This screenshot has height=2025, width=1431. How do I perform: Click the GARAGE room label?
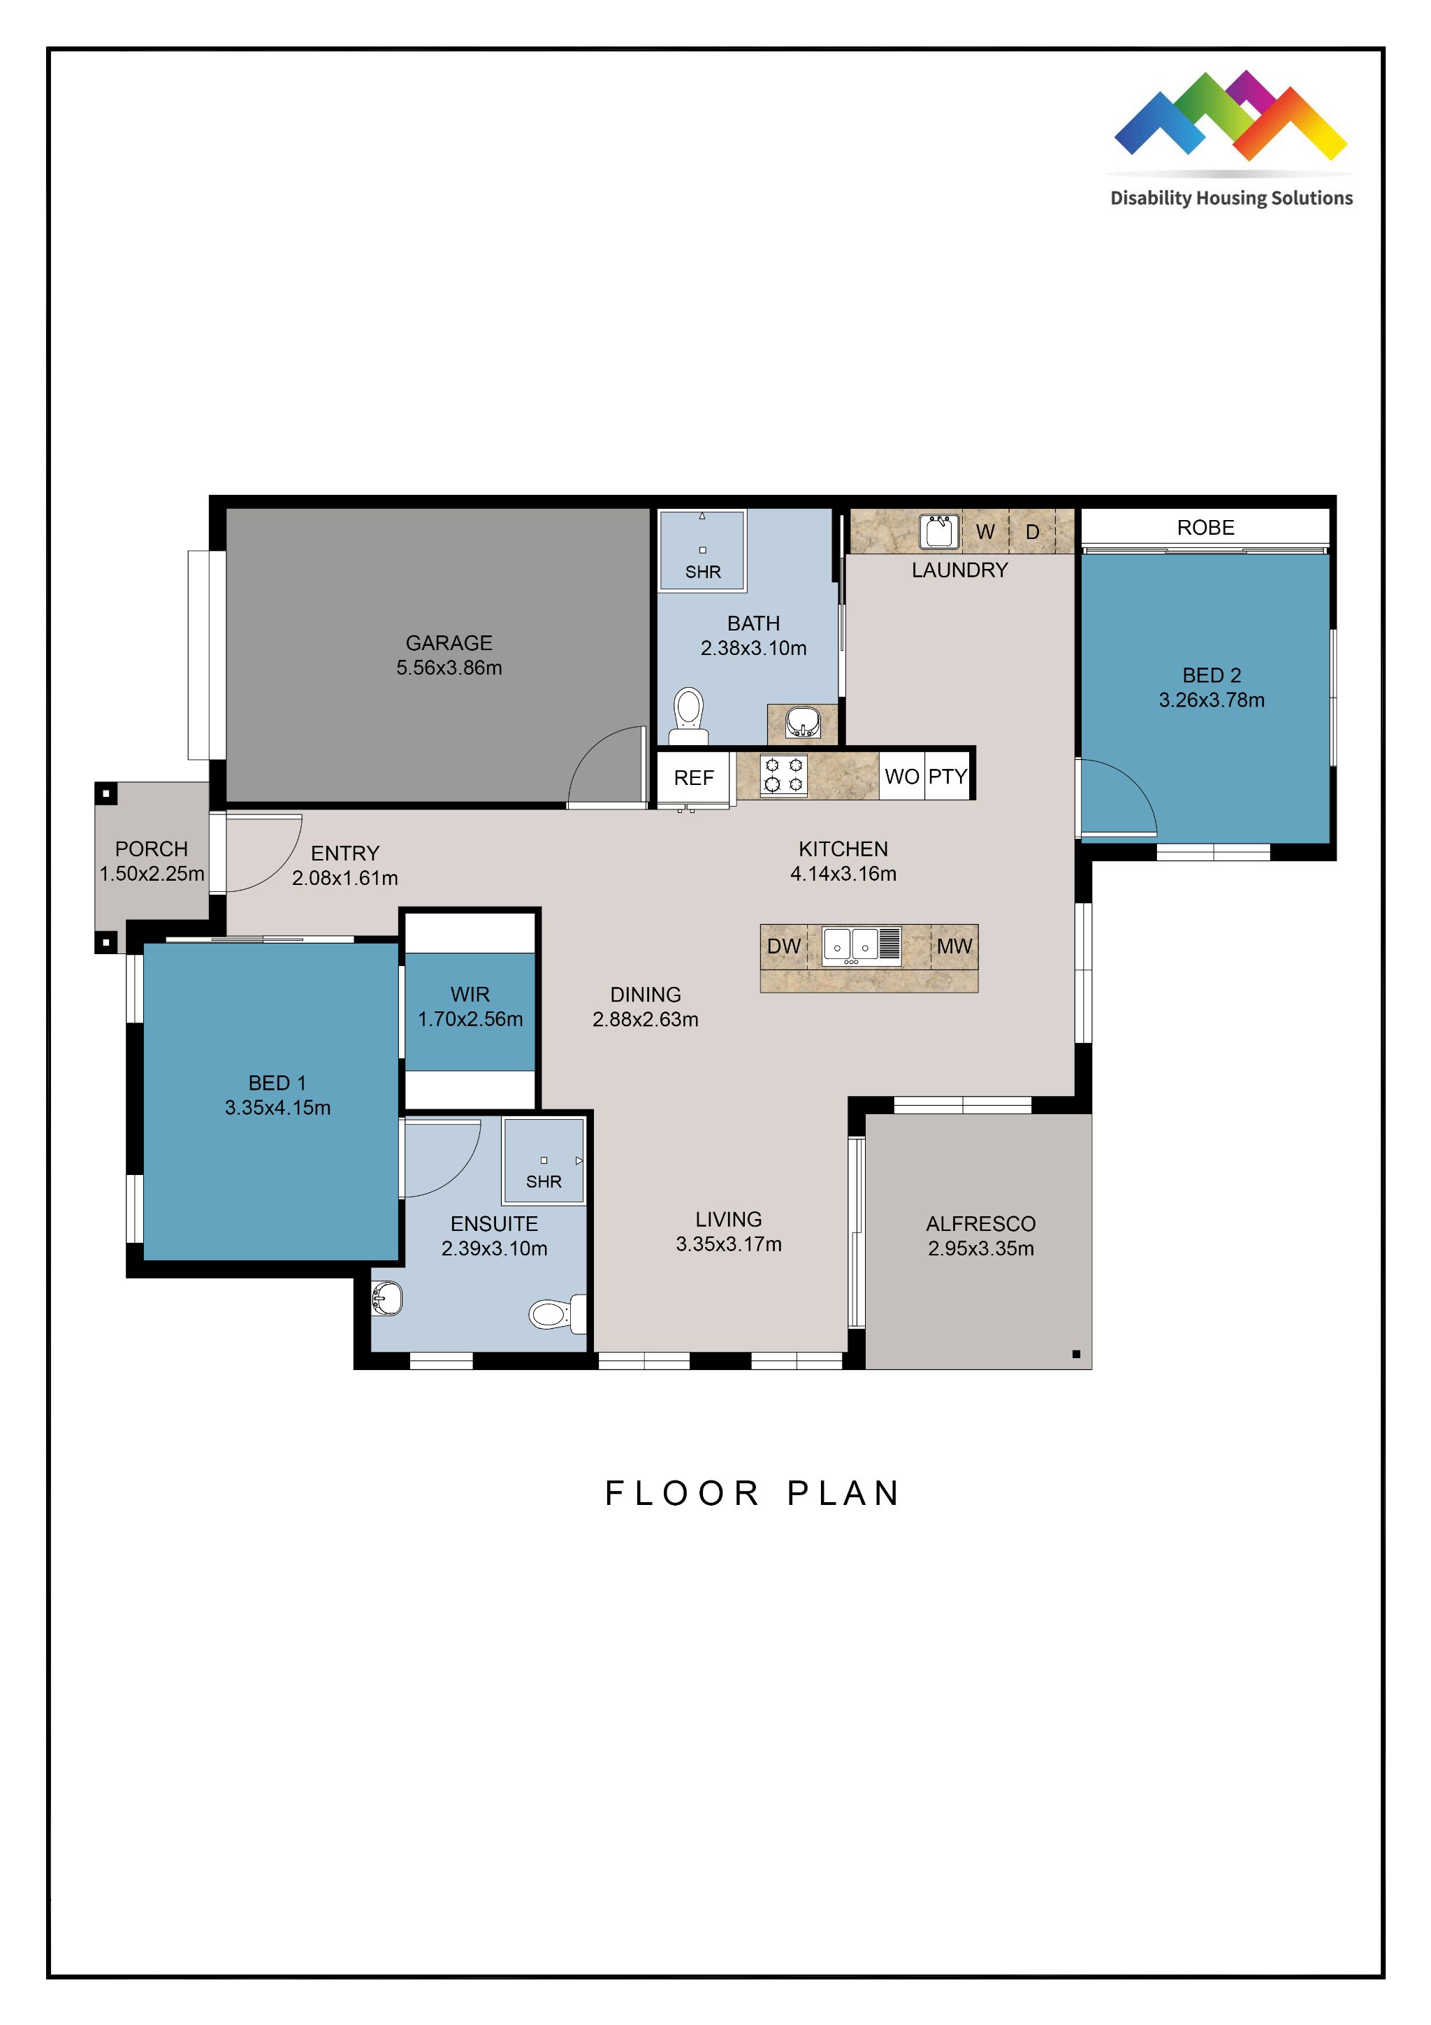449,643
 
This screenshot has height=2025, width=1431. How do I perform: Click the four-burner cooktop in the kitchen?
783,775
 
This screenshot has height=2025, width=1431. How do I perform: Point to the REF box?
694,778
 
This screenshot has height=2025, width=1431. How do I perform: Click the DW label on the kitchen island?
783,946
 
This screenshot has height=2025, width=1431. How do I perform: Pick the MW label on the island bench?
954,946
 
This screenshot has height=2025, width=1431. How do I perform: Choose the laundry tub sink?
938,532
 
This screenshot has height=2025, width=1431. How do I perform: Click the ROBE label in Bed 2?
1205,528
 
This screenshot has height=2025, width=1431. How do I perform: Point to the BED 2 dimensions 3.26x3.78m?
1212,700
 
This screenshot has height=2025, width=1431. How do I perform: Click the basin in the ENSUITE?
386,1298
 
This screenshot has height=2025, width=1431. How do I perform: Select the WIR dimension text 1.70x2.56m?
470,1020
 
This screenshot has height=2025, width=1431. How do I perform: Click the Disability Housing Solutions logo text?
1231,199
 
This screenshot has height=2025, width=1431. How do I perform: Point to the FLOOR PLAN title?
752,1494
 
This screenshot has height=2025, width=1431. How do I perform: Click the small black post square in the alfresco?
1075,1354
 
